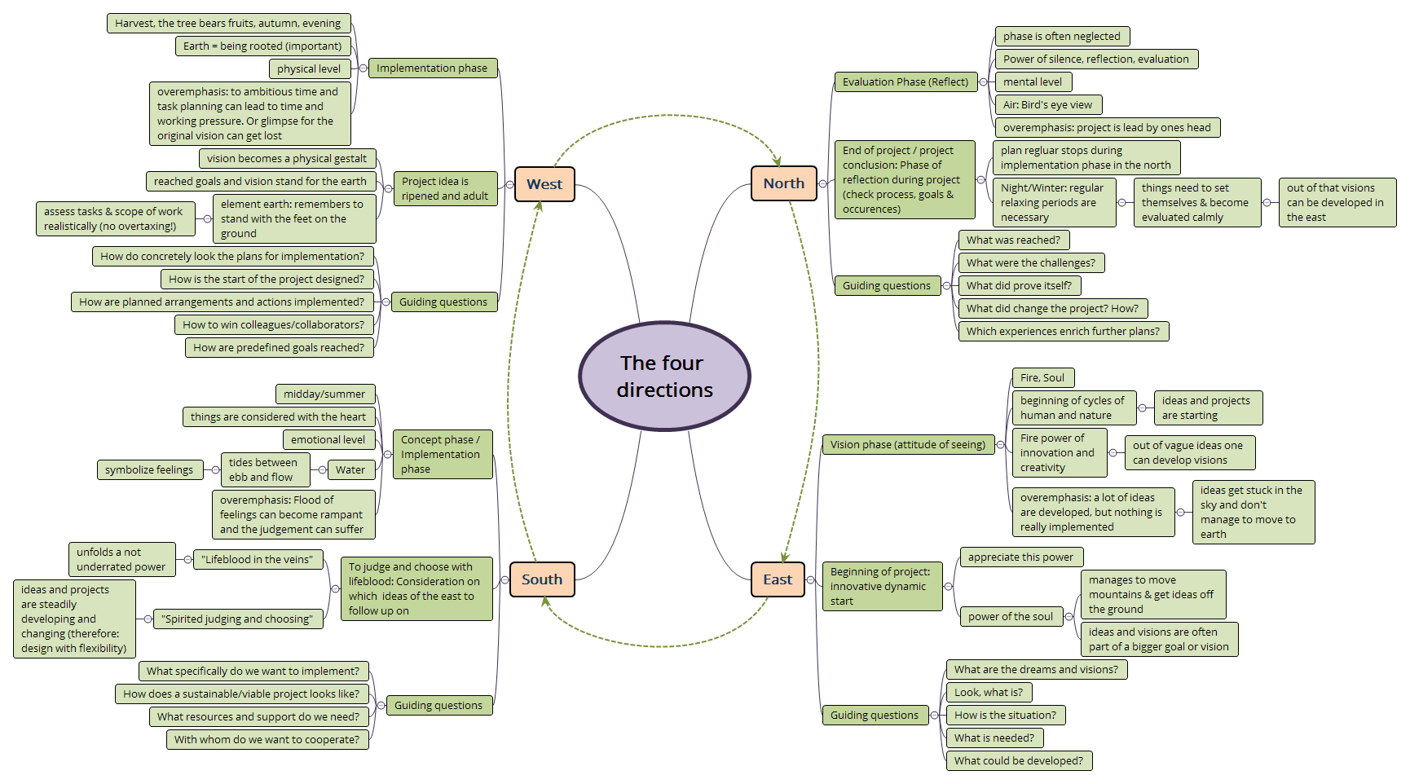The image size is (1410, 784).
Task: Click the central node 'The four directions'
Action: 664,377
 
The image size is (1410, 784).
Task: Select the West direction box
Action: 544,184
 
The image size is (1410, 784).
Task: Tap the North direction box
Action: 783,184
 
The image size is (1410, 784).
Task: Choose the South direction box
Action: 542,579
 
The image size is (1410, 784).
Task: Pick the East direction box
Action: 778,579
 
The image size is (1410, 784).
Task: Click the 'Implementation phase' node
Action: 432,68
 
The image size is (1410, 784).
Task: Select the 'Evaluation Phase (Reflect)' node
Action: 905,81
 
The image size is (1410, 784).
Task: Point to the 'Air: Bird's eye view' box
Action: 1047,104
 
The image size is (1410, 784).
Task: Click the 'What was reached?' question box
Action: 1013,240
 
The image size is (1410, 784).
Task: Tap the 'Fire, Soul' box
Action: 1042,377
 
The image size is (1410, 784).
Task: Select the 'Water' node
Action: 350,469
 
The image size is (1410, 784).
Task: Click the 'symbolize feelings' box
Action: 149,469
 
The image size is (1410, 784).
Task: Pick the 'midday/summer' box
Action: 324,394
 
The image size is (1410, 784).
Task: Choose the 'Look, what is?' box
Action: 989,692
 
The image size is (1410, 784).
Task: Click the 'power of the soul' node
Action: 1011,616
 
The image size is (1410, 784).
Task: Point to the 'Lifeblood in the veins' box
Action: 257,559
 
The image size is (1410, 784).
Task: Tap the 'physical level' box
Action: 309,68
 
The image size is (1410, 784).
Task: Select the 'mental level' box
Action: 1033,81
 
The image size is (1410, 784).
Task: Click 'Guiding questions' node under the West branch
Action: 443,302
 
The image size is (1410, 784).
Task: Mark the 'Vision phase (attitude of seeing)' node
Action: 907,444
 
